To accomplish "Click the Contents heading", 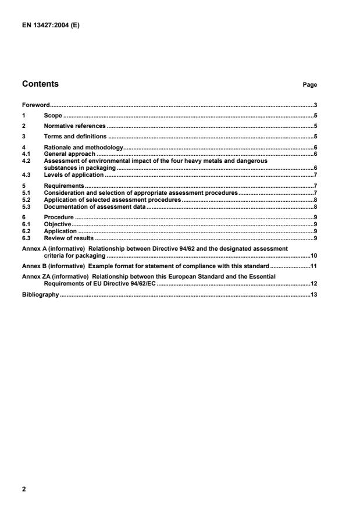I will pos(40,84).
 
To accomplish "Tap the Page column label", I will pos(309,85).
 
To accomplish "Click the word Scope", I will pos(53,116).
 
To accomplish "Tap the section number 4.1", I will pos(26,154).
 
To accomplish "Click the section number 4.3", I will pos(26,174).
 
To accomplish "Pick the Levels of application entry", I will pos(73,174).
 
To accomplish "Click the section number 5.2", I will pos(26,199).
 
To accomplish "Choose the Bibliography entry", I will pos(40,295).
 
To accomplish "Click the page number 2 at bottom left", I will pos(24,490).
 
